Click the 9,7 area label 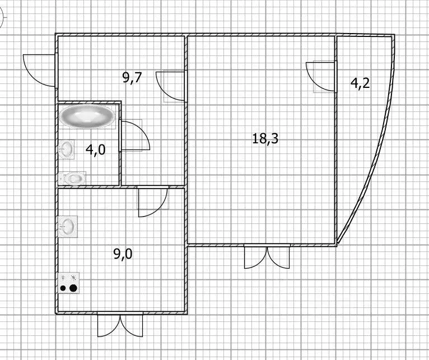[x=132, y=78]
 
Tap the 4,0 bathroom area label [x=95, y=150]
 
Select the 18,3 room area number [x=265, y=138]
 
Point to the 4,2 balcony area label [x=360, y=83]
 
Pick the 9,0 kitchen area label [x=123, y=254]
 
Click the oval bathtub [x=87, y=116]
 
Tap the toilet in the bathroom [x=73, y=179]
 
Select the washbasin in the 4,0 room [x=66, y=149]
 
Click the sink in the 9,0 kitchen [x=68, y=227]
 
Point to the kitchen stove [x=68, y=283]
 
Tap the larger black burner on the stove [x=73, y=288]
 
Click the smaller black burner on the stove [x=63, y=288]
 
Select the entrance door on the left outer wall [x=40, y=71]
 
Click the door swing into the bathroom [x=134, y=135]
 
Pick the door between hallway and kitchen [x=153, y=202]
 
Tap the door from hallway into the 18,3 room [x=171, y=87]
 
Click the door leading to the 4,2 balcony [x=321, y=77]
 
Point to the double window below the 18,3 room [x=267, y=256]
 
